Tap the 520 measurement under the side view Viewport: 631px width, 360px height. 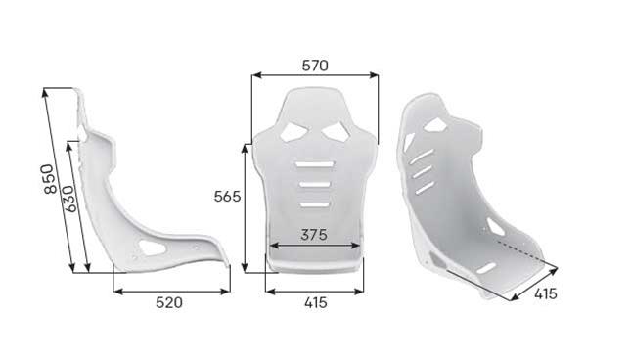[x=169, y=303]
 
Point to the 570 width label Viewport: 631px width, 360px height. [x=315, y=66]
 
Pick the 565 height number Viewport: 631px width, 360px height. [x=227, y=196]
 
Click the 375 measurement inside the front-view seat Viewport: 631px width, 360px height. [x=314, y=235]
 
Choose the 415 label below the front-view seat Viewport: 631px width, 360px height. [x=315, y=303]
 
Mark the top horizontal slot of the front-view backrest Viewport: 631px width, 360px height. [x=314, y=163]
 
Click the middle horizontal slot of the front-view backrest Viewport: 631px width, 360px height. [x=314, y=184]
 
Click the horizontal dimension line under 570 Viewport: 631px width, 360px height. [x=315, y=76]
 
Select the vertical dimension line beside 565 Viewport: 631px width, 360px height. [x=246, y=205]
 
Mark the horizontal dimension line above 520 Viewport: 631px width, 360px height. [x=171, y=290]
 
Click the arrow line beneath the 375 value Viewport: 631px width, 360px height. [x=314, y=246]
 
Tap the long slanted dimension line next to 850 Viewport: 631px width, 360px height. [x=59, y=181]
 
